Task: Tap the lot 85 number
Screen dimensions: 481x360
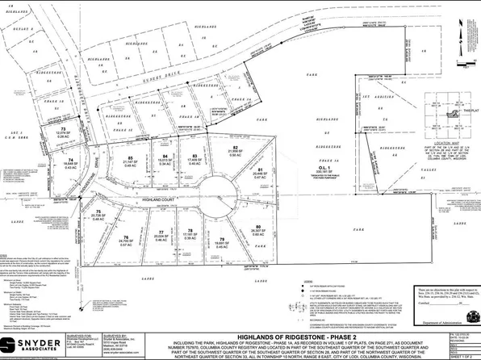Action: tap(130, 157)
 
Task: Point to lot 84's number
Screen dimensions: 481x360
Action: tap(165, 156)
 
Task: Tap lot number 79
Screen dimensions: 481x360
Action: tap(220, 239)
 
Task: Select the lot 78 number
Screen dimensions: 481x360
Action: tap(190, 231)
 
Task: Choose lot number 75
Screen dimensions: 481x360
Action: tap(98, 212)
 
